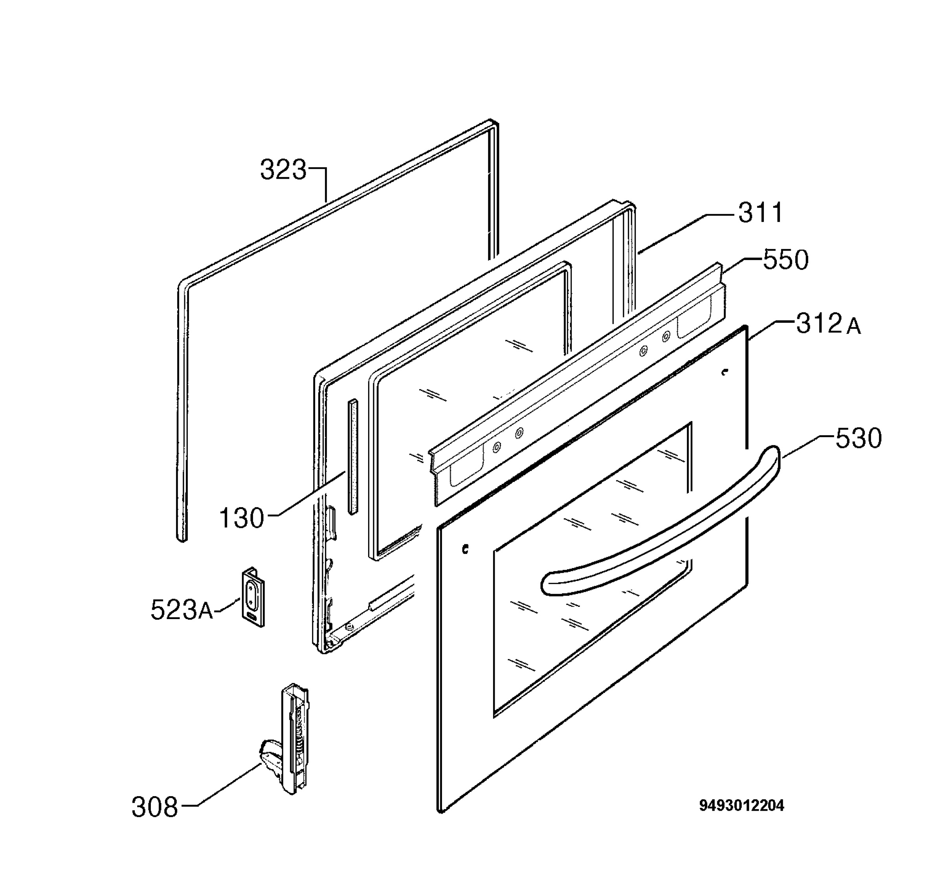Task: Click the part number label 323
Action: [x=283, y=169]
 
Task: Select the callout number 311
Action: [x=760, y=213]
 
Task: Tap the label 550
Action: [x=785, y=260]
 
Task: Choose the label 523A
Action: [x=182, y=609]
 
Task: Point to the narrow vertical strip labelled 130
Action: [x=352, y=457]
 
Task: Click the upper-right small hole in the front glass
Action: [x=724, y=372]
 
